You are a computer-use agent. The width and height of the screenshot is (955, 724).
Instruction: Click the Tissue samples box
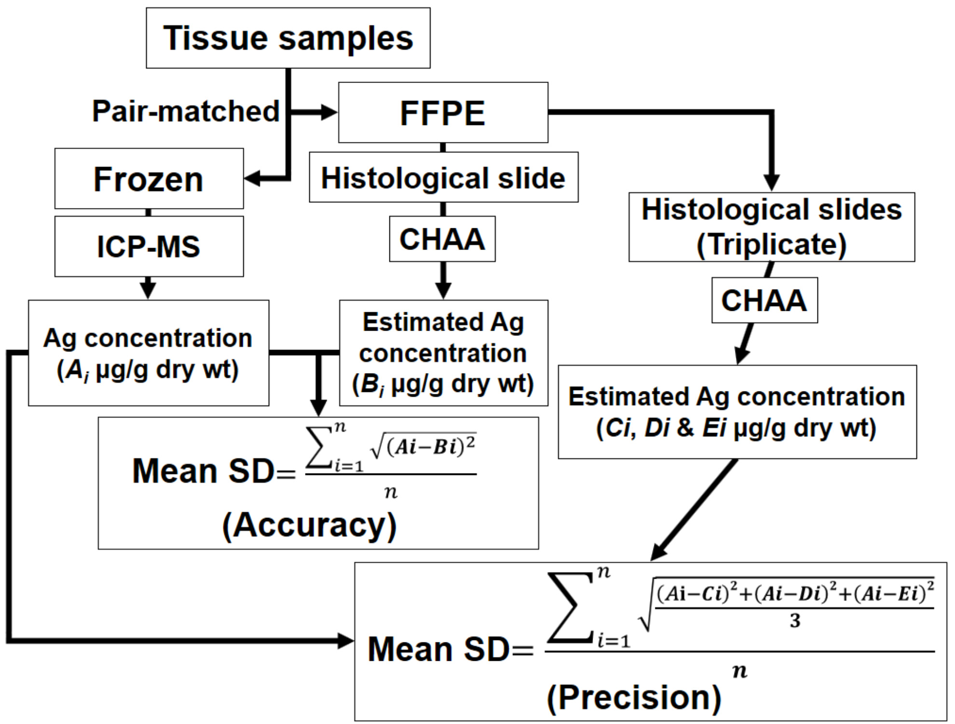(288, 38)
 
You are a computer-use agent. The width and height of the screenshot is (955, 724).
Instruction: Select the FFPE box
(443, 112)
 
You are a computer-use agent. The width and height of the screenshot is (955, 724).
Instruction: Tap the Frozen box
(149, 179)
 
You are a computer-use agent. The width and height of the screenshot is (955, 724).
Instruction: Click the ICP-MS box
(149, 246)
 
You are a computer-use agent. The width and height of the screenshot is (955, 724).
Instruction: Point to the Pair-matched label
(186, 111)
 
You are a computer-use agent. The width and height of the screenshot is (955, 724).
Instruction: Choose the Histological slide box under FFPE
(443, 177)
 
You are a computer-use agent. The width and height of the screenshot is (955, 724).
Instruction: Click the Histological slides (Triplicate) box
(771, 227)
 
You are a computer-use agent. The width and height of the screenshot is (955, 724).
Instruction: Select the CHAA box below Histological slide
(442, 239)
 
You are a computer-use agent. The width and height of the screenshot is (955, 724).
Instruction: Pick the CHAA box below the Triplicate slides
(764, 300)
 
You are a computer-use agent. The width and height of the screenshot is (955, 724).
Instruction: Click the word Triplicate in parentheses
(771, 244)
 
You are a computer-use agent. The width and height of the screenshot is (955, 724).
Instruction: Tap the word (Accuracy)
(309, 525)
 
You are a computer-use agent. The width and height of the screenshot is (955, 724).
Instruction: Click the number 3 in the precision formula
(795, 620)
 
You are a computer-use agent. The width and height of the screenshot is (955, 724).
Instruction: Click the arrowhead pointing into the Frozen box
(252, 178)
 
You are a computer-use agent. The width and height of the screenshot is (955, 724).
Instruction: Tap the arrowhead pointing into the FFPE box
(330, 112)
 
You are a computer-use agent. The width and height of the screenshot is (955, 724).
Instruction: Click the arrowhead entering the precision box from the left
(346, 641)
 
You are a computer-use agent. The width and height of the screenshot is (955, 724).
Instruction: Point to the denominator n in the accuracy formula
(391, 492)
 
